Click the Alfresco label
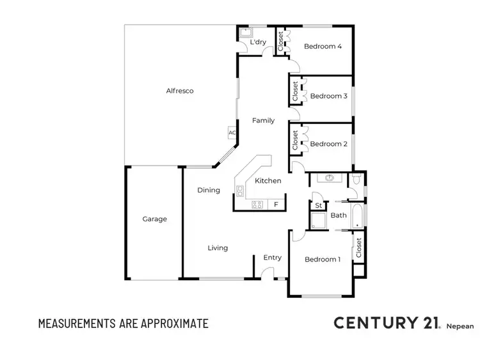coord(180,91)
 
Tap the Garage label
coord(154,219)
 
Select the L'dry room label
coord(258,42)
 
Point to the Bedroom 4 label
coord(323,46)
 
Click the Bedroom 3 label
coord(328,96)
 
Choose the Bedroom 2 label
coord(328,144)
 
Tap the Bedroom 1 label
coord(322,259)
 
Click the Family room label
coord(263,120)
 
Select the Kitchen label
coord(268,181)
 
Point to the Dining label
coord(209,190)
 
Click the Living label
coord(218,247)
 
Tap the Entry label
coord(272,258)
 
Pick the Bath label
coord(339,215)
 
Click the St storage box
coord(319,205)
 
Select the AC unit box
coord(232,132)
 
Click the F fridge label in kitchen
coord(276,205)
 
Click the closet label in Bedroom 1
coord(358,247)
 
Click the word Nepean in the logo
coord(460,326)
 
